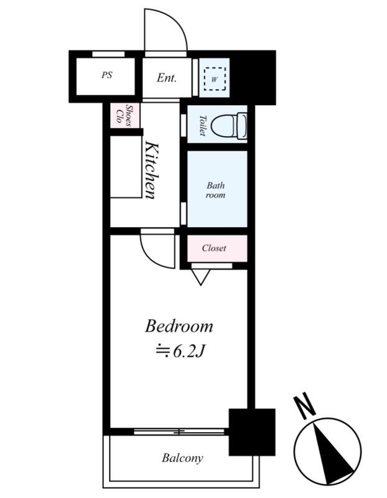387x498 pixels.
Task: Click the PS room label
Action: coord(107,75)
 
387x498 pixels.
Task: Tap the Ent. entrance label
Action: coord(167,78)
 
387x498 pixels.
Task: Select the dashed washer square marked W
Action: coord(215,79)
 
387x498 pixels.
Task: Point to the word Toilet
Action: coord(202,126)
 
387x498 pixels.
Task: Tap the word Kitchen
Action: coord(152,171)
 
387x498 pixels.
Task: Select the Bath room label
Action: coord(215,190)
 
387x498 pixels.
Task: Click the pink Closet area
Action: coord(217,248)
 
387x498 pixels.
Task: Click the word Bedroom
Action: coord(179,326)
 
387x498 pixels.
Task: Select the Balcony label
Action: coord(182,458)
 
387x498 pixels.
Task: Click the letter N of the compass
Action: coord(304,406)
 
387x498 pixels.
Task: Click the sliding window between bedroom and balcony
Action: coord(179,432)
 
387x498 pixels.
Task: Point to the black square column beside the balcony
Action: coord(252,432)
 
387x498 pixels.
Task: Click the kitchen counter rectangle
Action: coord(126,167)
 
